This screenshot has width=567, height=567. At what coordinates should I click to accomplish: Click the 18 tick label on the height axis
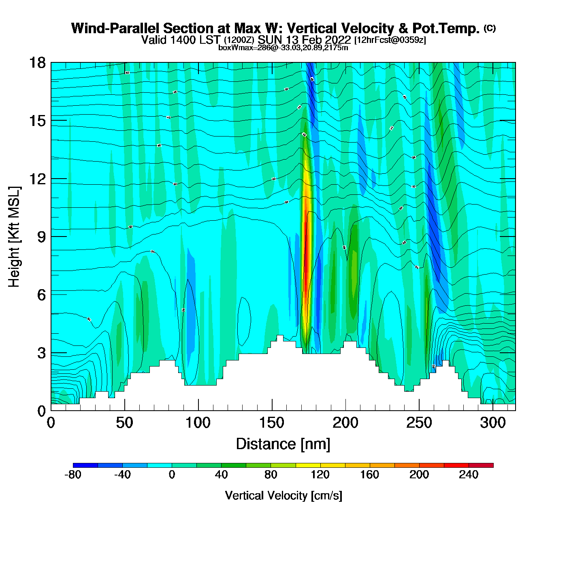(x=37, y=63)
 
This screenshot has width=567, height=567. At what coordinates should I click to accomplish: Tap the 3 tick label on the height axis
(x=42, y=353)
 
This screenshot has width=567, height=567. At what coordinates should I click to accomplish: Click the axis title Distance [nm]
(x=283, y=444)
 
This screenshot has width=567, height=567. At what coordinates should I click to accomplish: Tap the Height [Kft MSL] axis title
(x=14, y=237)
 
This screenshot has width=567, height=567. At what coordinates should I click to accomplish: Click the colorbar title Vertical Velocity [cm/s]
(x=283, y=495)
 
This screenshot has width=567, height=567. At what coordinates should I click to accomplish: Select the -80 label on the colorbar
(x=73, y=475)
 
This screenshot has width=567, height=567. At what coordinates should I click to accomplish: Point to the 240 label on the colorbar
(x=469, y=475)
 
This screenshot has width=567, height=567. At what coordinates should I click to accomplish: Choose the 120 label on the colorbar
(x=320, y=475)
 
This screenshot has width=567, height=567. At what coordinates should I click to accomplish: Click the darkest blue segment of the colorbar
(x=85, y=465)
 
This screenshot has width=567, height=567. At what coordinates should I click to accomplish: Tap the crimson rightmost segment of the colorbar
(x=481, y=465)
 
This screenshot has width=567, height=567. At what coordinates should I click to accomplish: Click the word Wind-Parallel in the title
(x=116, y=28)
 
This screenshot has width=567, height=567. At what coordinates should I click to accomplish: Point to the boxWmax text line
(x=283, y=48)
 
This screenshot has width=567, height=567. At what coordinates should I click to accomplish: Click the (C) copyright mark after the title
(x=490, y=28)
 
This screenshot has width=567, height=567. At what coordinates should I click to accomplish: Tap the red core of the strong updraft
(x=307, y=259)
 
